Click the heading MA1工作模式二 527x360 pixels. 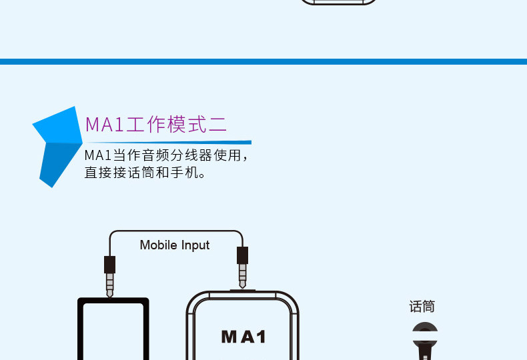pyautogui.click(x=156, y=125)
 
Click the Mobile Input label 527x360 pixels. pyautogui.click(x=175, y=245)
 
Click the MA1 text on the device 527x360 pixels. pyautogui.click(x=243, y=337)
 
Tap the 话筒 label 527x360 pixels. pyautogui.click(x=422, y=307)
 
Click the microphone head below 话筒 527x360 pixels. pyautogui.click(x=425, y=333)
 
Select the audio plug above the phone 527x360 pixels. pyautogui.click(x=110, y=275)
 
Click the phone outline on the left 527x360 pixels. pyautogui.click(x=113, y=330)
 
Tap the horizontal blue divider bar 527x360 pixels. pyautogui.click(x=263, y=61)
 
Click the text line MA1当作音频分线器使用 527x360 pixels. pyautogui.click(x=167, y=156)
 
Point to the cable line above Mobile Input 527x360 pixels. pyautogui.click(x=175, y=231)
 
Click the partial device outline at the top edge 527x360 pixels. pyautogui.click(x=338, y=3)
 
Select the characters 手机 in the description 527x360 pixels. pyautogui.click(x=190, y=173)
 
